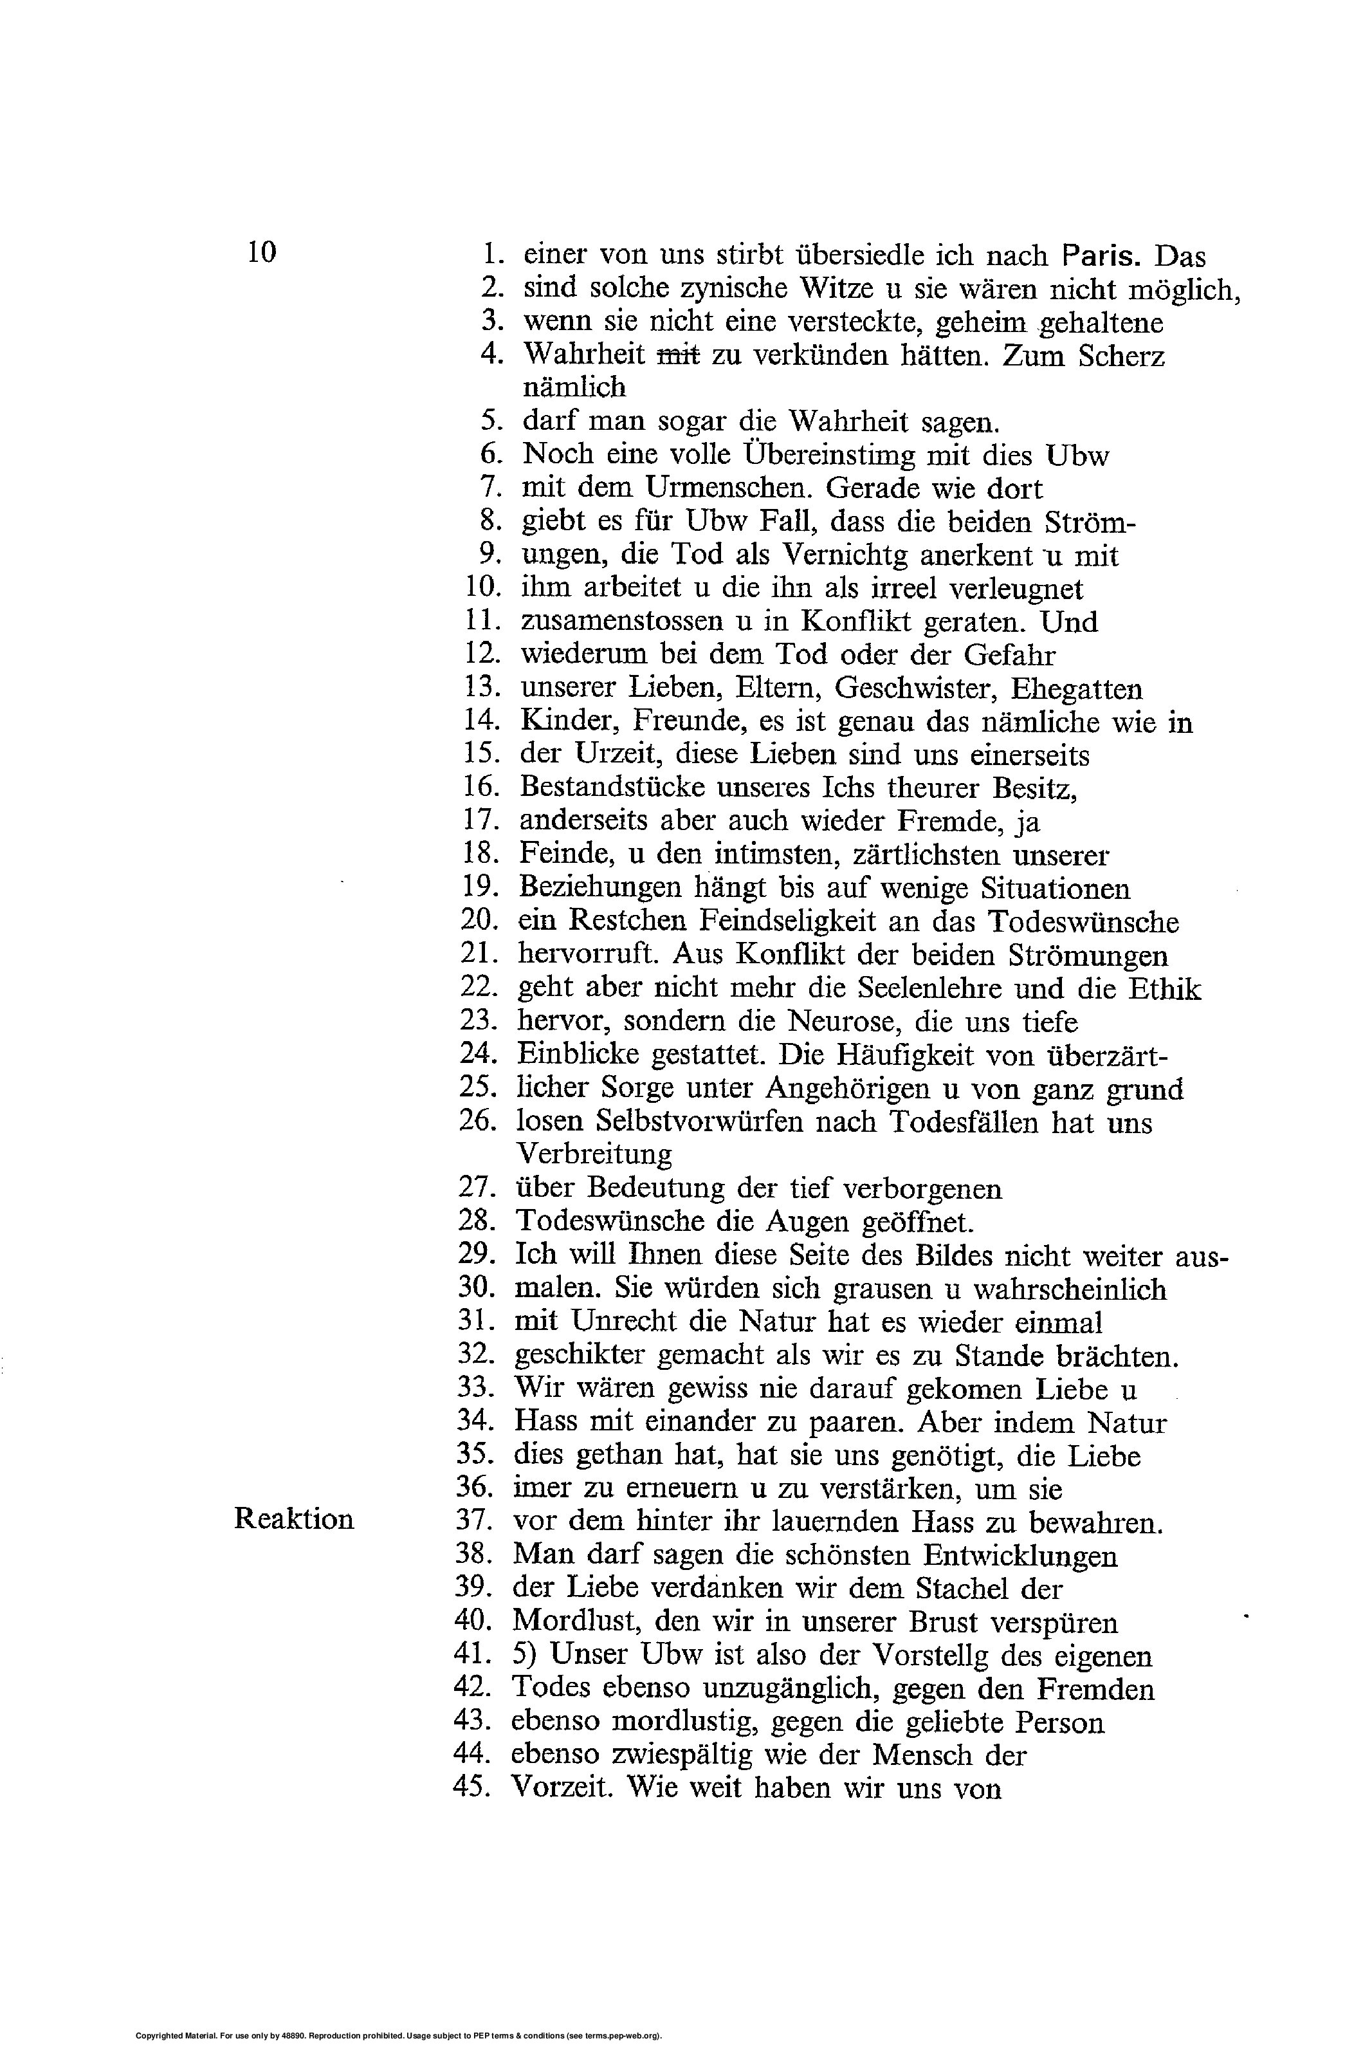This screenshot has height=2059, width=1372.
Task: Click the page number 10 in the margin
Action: [x=262, y=252]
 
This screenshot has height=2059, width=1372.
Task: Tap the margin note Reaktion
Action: [x=294, y=1519]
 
